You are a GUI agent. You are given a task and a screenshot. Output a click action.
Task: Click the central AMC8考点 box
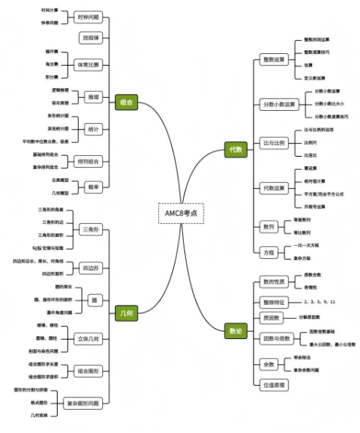click(x=181, y=214)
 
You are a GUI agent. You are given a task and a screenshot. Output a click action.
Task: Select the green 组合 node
click(x=125, y=103)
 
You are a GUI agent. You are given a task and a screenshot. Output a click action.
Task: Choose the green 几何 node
click(x=125, y=313)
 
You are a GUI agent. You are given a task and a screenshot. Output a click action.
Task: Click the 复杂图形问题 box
click(x=88, y=402)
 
